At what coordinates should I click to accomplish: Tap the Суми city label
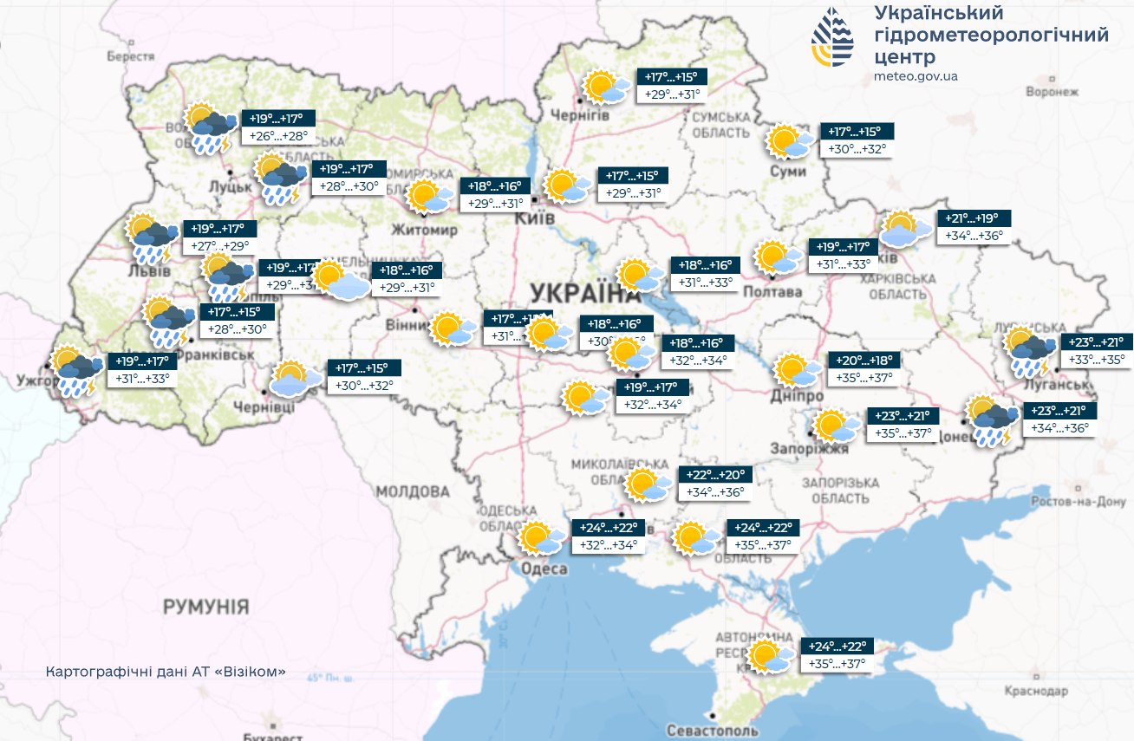(x=787, y=172)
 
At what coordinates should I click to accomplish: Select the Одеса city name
(x=544, y=569)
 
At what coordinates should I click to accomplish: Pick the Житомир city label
(x=424, y=231)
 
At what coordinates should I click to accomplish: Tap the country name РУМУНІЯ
(x=206, y=607)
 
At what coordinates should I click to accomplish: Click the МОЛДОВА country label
(x=413, y=491)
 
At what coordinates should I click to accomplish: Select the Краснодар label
(x=1036, y=691)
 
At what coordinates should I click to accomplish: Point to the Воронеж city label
(x=1051, y=92)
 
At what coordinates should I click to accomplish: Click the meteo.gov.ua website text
(x=916, y=76)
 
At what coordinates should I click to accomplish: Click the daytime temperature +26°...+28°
(x=278, y=137)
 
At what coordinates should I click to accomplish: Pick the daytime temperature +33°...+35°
(x=1096, y=360)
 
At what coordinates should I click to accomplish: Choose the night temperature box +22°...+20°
(x=715, y=475)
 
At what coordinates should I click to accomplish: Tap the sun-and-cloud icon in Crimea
(x=769, y=657)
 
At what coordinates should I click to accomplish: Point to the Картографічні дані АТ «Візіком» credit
(x=165, y=673)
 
